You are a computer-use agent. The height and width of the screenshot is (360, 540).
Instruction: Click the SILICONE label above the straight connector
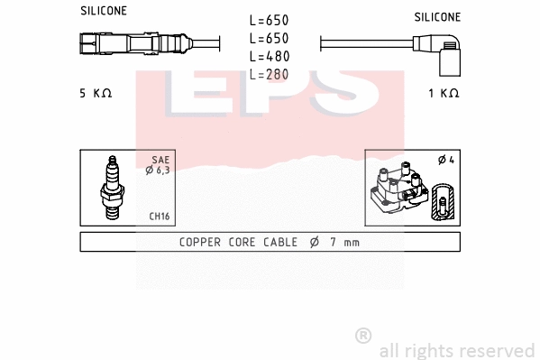[104, 11]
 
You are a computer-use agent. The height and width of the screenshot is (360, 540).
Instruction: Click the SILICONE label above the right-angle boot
[437, 17]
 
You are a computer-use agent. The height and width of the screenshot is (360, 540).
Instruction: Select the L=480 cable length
[270, 56]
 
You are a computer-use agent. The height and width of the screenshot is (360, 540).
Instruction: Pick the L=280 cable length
[270, 74]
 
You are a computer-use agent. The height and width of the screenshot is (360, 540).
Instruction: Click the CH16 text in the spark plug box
[159, 217]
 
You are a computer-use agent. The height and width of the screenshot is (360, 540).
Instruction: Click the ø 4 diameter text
[444, 160]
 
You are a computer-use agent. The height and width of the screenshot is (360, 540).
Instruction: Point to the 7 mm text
[343, 242]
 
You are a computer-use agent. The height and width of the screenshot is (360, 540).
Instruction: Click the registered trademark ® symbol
[363, 336]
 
